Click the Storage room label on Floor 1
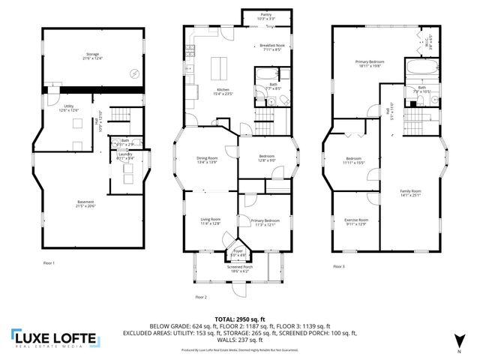(91, 55)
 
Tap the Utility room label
(68, 107)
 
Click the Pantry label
(266, 14)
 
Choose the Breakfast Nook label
(270, 46)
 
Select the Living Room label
(210, 221)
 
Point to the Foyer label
(238, 251)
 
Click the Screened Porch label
(240, 267)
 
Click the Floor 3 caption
(340, 266)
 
